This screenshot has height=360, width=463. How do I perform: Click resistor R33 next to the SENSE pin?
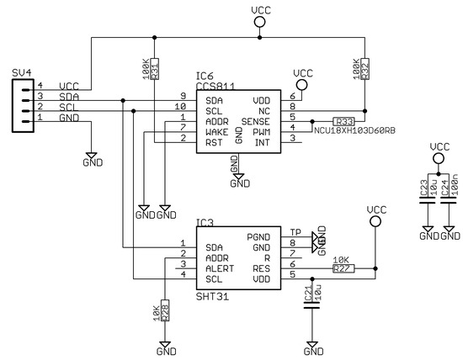pyautogui.click(x=343, y=120)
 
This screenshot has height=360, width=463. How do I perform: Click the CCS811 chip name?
pyautogui.click(x=216, y=86)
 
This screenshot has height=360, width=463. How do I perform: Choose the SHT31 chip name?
pyautogui.click(x=212, y=296)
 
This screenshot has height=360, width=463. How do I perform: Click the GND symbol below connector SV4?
pyautogui.click(x=93, y=157)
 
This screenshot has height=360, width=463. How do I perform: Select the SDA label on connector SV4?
pyautogui.click(x=68, y=98)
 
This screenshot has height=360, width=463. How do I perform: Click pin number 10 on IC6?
pyautogui.click(x=180, y=108)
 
